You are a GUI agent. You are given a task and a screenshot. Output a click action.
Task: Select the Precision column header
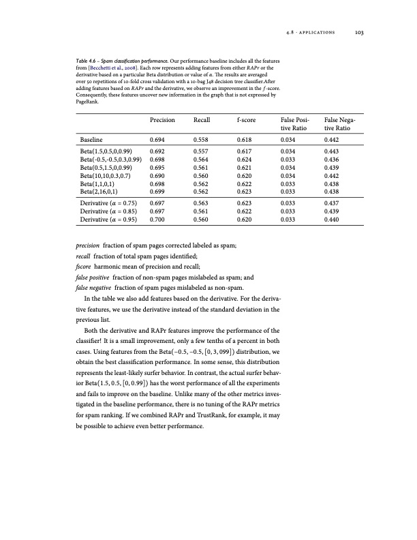[x=162, y=119]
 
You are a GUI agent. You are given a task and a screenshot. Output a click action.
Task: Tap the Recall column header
[x=202, y=119]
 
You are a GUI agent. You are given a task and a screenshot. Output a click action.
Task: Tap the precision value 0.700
[x=158, y=220]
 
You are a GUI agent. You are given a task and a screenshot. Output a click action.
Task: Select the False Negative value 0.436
[x=334, y=158]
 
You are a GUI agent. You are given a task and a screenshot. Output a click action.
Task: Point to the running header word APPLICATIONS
[x=318, y=29]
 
